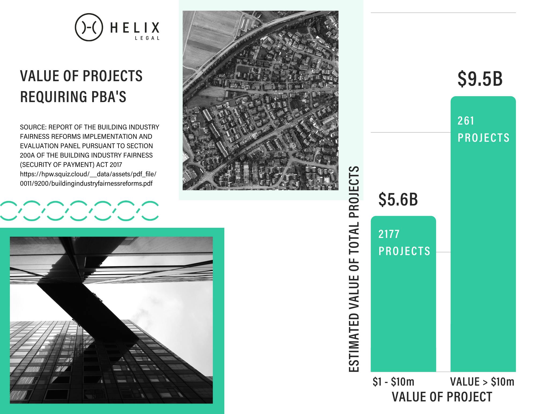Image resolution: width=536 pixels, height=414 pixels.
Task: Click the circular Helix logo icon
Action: point(89,27)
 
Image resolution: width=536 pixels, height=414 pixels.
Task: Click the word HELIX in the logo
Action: point(135,28)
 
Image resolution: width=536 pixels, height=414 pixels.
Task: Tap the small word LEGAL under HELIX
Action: point(147,38)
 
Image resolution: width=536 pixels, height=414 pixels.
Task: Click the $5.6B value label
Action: point(398,199)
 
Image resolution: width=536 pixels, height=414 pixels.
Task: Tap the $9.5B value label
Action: point(480,79)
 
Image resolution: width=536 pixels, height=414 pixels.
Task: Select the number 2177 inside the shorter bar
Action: point(389,234)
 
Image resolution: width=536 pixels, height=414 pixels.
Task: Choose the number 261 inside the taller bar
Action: point(466,121)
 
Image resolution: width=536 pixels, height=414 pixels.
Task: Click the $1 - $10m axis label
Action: point(393,382)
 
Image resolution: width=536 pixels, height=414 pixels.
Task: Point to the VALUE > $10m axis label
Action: point(482,382)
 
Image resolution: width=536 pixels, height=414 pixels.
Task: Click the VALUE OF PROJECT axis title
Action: point(442,397)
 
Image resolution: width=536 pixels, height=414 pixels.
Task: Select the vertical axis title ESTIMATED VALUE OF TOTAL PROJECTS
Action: point(354,269)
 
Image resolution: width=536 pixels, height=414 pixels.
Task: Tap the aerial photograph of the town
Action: point(260,100)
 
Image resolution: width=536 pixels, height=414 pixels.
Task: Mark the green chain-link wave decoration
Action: point(79,211)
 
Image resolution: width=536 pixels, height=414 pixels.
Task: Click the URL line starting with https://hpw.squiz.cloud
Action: point(88,174)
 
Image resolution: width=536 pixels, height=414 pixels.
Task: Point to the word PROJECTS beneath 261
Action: point(483,138)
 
